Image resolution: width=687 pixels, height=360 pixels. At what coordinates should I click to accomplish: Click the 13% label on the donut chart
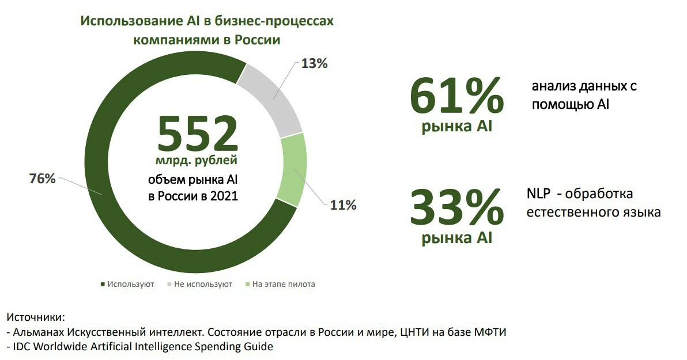315,63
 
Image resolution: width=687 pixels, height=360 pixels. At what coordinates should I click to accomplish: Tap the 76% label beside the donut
43,179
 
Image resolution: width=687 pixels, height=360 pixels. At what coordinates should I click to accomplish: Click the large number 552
198,134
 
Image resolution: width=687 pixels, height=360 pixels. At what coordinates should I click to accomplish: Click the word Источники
36,317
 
